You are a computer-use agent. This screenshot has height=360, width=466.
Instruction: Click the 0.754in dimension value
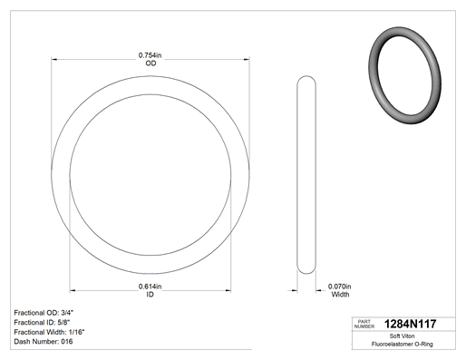click(150, 55)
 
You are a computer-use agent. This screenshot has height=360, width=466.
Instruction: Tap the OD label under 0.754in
click(150, 63)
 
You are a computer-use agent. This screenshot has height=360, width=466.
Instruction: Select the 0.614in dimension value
click(150, 286)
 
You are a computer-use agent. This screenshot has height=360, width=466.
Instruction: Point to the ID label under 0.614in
click(150, 294)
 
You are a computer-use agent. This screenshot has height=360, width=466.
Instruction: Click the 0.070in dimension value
click(340, 286)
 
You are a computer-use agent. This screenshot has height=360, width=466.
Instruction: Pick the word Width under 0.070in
click(340, 294)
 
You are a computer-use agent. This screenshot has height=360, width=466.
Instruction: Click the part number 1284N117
click(410, 324)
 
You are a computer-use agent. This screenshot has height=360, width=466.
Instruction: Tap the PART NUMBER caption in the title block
click(364, 324)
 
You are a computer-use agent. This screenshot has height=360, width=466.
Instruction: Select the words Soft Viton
click(402, 336)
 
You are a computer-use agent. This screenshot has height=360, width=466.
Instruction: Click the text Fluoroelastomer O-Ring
click(403, 344)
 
